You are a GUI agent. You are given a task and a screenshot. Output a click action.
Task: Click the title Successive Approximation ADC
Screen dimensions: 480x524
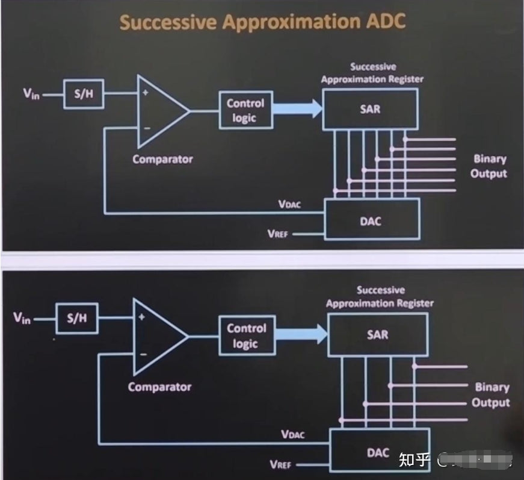click(262, 22)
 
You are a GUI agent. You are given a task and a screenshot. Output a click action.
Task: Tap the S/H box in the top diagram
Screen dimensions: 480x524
click(84, 96)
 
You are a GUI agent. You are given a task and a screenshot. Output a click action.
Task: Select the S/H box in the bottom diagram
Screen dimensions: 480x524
click(76, 319)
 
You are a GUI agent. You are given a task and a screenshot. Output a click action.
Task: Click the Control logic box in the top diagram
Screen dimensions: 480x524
click(245, 110)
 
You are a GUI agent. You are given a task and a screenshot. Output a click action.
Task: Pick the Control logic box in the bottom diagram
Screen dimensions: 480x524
click(246, 335)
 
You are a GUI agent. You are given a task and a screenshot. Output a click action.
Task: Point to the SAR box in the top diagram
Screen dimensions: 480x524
click(370, 109)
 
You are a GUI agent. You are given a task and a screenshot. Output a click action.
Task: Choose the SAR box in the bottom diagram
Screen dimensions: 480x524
click(378, 335)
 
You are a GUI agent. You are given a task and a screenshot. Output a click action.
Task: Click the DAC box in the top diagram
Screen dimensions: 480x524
click(371, 220)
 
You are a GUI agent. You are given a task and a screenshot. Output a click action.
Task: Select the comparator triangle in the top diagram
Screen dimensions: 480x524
click(159, 111)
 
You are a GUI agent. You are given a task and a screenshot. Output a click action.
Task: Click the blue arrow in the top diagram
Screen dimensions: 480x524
click(297, 110)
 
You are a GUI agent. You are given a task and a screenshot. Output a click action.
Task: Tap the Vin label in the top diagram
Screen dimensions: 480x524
click(31, 94)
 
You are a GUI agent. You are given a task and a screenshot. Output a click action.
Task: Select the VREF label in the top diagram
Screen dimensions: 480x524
click(278, 234)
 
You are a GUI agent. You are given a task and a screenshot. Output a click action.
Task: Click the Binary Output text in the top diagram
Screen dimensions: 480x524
click(489, 166)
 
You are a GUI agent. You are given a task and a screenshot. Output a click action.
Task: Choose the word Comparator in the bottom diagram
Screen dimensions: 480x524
click(159, 387)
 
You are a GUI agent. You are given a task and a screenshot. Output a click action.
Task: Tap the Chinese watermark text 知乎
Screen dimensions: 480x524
click(415, 460)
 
